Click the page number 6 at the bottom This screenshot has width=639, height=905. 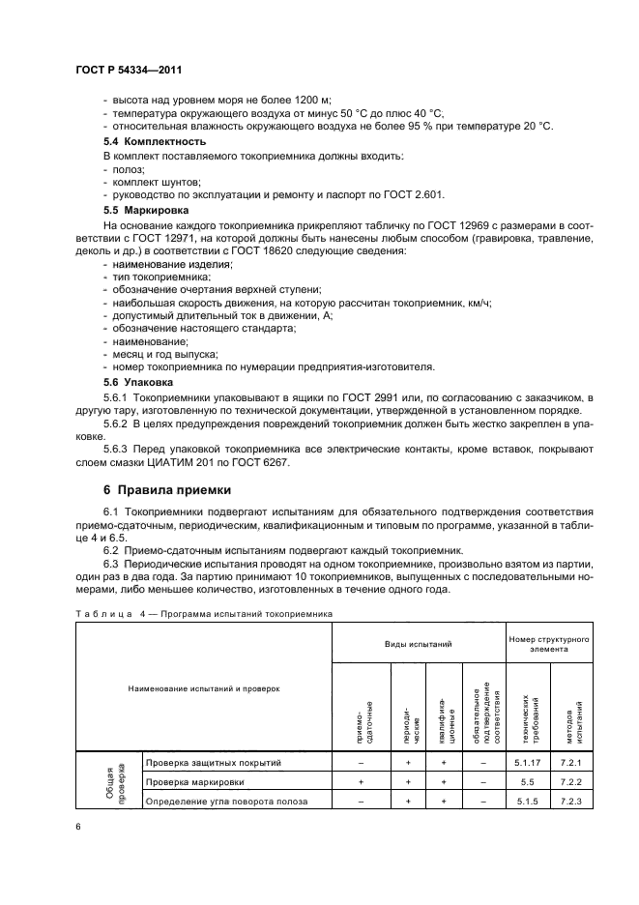tap(78, 828)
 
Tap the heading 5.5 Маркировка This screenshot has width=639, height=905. tap(146, 209)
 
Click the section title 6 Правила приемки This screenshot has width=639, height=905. tap(167, 488)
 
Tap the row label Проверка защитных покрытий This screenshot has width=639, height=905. tap(214, 763)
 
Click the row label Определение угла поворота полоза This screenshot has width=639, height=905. tap(226, 801)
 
